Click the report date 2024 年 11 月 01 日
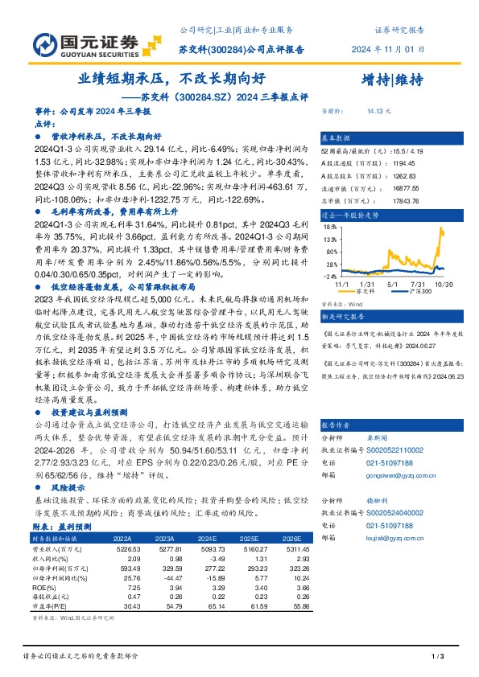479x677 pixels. point(388,48)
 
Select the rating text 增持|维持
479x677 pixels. point(392,79)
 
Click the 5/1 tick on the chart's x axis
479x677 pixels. point(393,284)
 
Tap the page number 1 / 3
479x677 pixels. point(438,658)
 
